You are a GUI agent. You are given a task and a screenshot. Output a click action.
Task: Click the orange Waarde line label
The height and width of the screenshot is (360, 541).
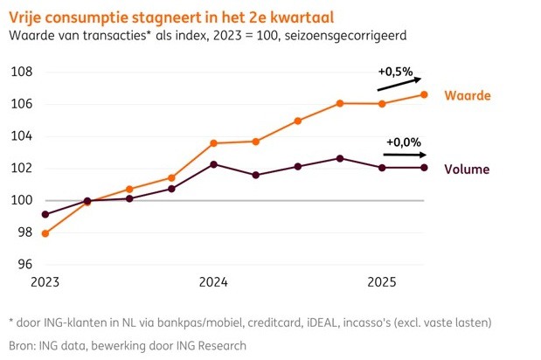click(x=465, y=95)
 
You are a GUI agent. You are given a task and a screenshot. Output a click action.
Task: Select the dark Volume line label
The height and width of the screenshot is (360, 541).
click(x=466, y=170)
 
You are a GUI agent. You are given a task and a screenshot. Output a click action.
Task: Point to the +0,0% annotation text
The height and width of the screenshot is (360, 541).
click(x=403, y=142)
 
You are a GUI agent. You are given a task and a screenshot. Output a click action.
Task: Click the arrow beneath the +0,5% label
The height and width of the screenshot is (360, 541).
click(x=399, y=83)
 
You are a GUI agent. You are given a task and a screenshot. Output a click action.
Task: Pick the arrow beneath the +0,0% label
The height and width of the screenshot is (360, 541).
click(x=404, y=155)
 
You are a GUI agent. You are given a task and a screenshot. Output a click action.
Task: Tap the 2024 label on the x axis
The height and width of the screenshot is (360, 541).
click(x=213, y=282)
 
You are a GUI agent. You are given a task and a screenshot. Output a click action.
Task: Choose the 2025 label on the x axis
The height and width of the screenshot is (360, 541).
click(x=382, y=282)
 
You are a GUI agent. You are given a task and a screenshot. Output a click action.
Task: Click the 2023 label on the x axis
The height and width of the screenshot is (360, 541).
click(x=45, y=282)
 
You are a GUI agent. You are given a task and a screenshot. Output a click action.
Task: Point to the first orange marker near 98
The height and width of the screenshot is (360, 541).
click(x=45, y=233)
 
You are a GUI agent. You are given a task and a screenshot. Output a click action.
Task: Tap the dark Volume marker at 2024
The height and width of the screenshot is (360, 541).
click(x=214, y=164)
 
